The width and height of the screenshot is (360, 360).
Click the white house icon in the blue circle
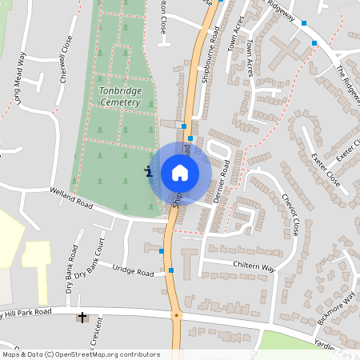(180, 173)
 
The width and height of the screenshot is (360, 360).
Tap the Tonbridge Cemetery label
(121, 97)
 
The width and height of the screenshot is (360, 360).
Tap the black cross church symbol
(81, 318)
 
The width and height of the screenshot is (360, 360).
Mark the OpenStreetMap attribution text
(80, 354)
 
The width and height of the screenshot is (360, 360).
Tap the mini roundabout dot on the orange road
(177, 315)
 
